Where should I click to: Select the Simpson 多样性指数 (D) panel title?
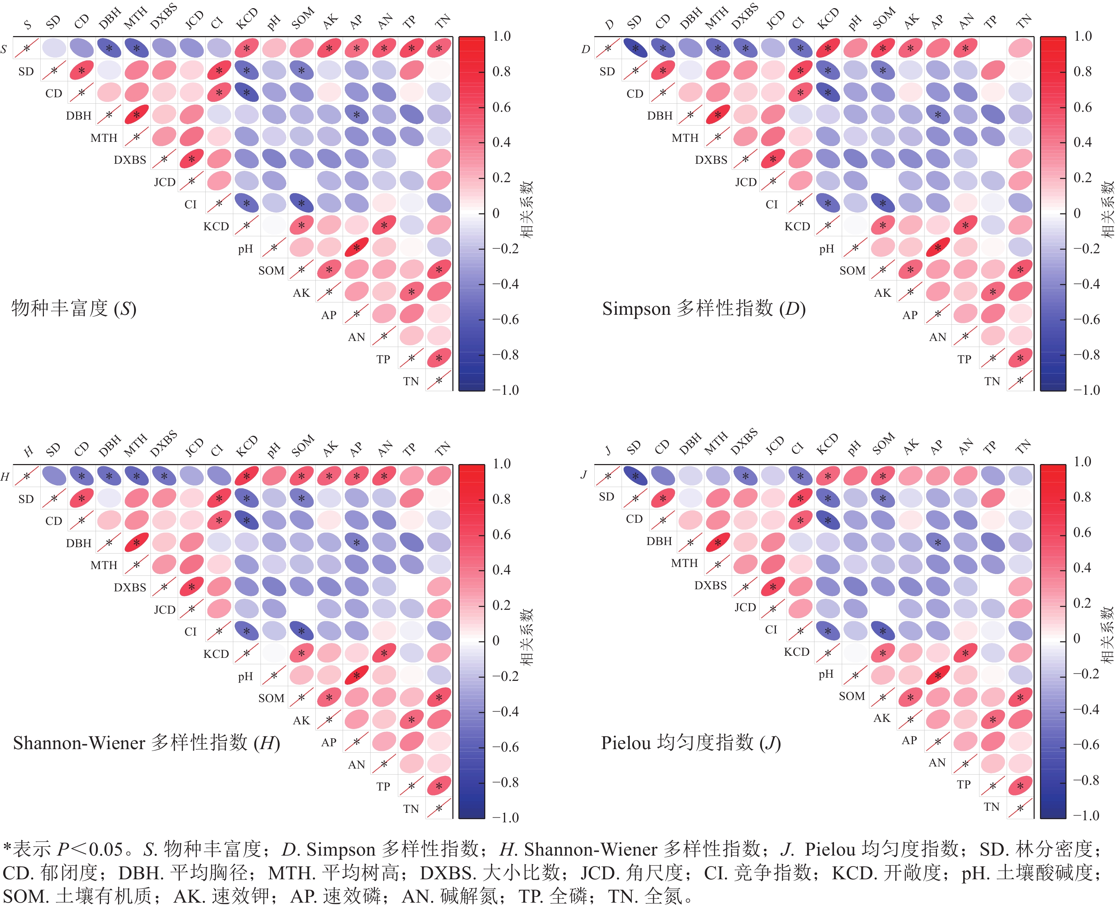coord(704,308)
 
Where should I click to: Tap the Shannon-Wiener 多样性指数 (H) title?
coord(147,742)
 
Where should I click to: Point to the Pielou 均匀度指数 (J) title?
coord(691,742)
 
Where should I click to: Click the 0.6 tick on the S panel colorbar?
coord(502,107)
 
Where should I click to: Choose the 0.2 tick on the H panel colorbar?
coord(502,605)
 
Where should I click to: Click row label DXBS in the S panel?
coord(130,160)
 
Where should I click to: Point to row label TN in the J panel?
coord(991,807)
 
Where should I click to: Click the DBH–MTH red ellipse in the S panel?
coord(137,115)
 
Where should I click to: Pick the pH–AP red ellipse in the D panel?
coord(938,247)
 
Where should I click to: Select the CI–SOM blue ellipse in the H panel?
coord(301,631)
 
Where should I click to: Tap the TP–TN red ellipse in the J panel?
coord(1020,786)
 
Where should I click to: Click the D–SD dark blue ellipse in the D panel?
coord(636,49)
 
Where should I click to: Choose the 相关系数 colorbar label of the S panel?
coord(527,209)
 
